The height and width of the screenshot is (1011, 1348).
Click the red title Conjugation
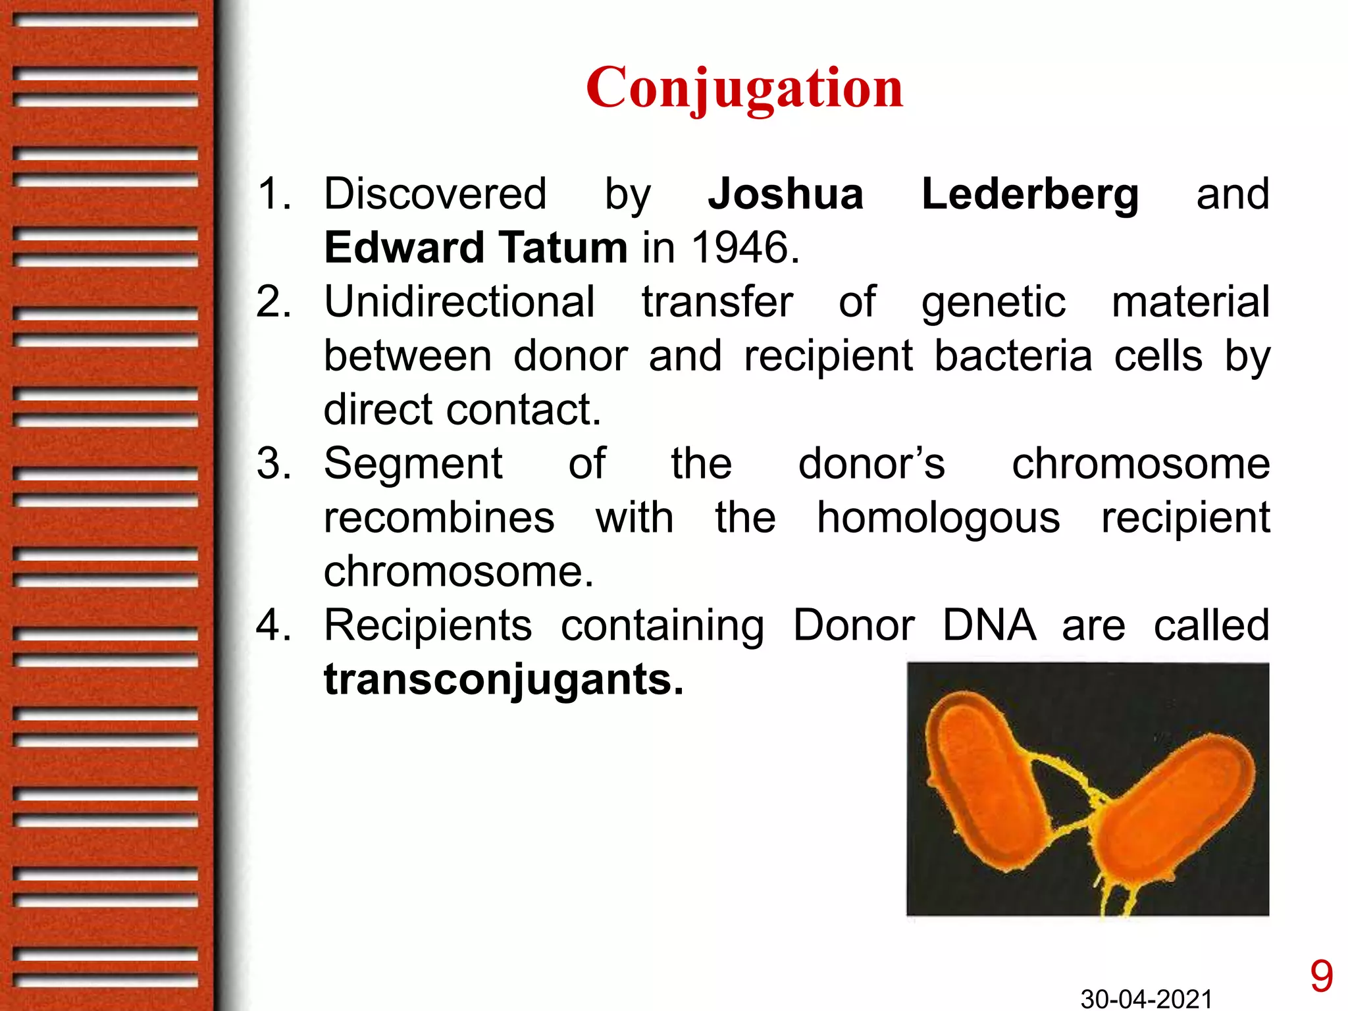[744, 88]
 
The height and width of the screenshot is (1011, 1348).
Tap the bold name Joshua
[785, 194]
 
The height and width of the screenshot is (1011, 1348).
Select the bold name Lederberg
[1029, 195]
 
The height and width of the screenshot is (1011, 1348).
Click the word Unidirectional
[459, 302]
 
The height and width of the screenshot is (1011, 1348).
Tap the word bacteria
[1013, 356]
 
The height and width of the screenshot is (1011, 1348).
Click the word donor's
[871, 463]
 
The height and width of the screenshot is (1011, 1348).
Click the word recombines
[439, 517]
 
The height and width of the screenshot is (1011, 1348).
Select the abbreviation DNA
[989, 625]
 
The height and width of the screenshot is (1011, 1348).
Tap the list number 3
[273, 463]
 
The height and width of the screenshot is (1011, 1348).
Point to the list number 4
[273, 625]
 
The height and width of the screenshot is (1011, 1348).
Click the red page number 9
[1321, 976]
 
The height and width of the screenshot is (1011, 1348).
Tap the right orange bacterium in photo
[1172, 810]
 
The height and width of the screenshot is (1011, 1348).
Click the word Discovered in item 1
[435, 194]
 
